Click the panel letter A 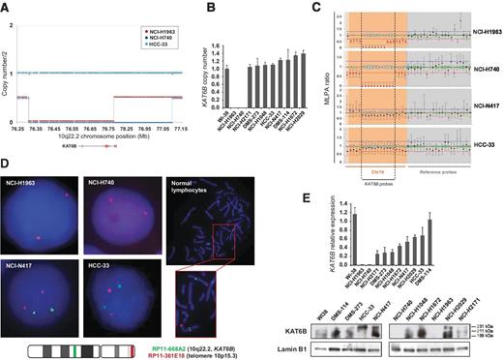coord(7,6)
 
